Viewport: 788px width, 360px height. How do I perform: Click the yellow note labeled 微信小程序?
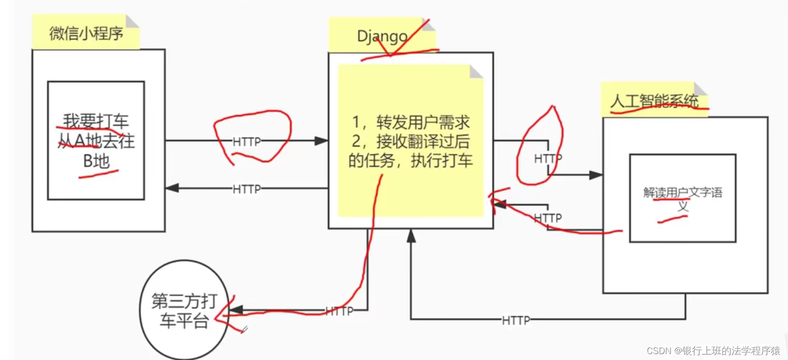[x=86, y=33]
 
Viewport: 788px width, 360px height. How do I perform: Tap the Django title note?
[x=382, y=36]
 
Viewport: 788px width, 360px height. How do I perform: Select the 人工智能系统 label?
[x=654, y=101]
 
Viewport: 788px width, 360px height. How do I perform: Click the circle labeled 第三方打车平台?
[x=184, y=310]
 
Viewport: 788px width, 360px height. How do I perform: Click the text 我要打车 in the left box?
[x=95, y=121]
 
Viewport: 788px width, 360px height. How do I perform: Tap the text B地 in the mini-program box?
[x=96, y=161]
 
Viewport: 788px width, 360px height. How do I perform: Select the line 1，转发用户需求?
[x=410, y=122]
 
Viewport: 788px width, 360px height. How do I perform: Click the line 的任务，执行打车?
[x=410, y=161]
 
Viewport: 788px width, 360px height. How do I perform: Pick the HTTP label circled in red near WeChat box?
[x=247, y=142]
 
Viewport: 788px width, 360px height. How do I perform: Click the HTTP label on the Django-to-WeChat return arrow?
[x=247, y=189]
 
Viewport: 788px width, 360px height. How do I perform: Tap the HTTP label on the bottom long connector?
[x=516, y=321]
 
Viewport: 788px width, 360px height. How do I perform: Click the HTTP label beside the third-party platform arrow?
[x=340, y=311]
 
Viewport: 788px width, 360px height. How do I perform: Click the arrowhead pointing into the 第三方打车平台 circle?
[x=235, y=310]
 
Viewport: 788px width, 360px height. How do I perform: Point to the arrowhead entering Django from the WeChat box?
[x=321, y=141]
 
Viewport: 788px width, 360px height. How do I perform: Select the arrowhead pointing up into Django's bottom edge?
[x=411, y=236]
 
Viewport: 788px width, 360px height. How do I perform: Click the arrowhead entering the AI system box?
[x=596, y=175]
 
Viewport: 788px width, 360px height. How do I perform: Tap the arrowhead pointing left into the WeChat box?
[x=172, y=188]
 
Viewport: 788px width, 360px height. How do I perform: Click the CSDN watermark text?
[x=713, y=351]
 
